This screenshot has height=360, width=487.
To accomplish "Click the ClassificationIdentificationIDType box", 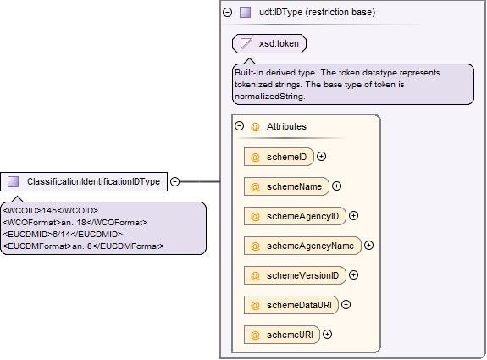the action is tap(84, 181).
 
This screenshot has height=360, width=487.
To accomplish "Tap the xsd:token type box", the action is tap(269, 43).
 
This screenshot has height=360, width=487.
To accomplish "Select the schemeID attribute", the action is tap(279, 157).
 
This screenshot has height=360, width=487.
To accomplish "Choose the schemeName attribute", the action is tap(286, 186).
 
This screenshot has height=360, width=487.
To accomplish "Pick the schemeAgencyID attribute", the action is tap(295, 216).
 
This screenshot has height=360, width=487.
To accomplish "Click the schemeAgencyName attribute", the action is tap(302, 246).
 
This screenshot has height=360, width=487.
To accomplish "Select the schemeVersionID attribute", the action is tap(295, 275).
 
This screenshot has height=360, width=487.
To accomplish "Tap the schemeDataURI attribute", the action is tap(291, 305).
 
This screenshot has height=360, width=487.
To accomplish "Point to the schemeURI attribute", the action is tap(282, 335).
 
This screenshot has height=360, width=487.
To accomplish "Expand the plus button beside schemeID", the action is tap(322, 156).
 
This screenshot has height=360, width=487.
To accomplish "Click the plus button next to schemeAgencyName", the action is tap(368, 246).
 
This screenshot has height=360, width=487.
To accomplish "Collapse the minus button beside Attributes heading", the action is tap(239, 126).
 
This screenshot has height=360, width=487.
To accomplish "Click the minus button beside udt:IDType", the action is tap(228, 13).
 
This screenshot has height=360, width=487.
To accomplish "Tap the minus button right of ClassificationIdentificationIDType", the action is tap(175, 181).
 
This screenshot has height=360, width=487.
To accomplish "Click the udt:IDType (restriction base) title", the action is tap(317, 12).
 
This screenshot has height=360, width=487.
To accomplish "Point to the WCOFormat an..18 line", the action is tap(75, 223).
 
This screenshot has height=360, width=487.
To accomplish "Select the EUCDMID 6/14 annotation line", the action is tap(63, 234).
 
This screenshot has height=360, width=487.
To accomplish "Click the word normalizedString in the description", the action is tap(270, 97).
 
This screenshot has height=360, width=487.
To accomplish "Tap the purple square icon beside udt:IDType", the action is tap(245, 13).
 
